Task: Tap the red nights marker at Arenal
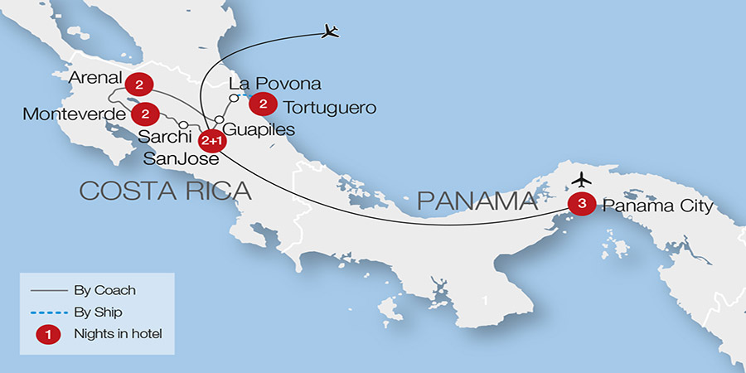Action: (138, 85)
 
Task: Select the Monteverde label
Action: (72, 114)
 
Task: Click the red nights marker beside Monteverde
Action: (145, 113)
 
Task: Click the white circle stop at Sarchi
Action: (183, 125)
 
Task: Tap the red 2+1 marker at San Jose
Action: (211, 140)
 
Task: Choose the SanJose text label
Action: (181, 157)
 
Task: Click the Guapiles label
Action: (259, 130)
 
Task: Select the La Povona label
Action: (274, 85)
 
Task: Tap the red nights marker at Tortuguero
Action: (263, 104)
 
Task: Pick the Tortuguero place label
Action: (330, 108)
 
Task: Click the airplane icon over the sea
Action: (331, 32)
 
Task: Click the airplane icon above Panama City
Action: (583, 178)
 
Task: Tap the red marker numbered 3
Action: (582, 203)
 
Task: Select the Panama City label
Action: (656, 205)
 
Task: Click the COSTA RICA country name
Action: (165, 191)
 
